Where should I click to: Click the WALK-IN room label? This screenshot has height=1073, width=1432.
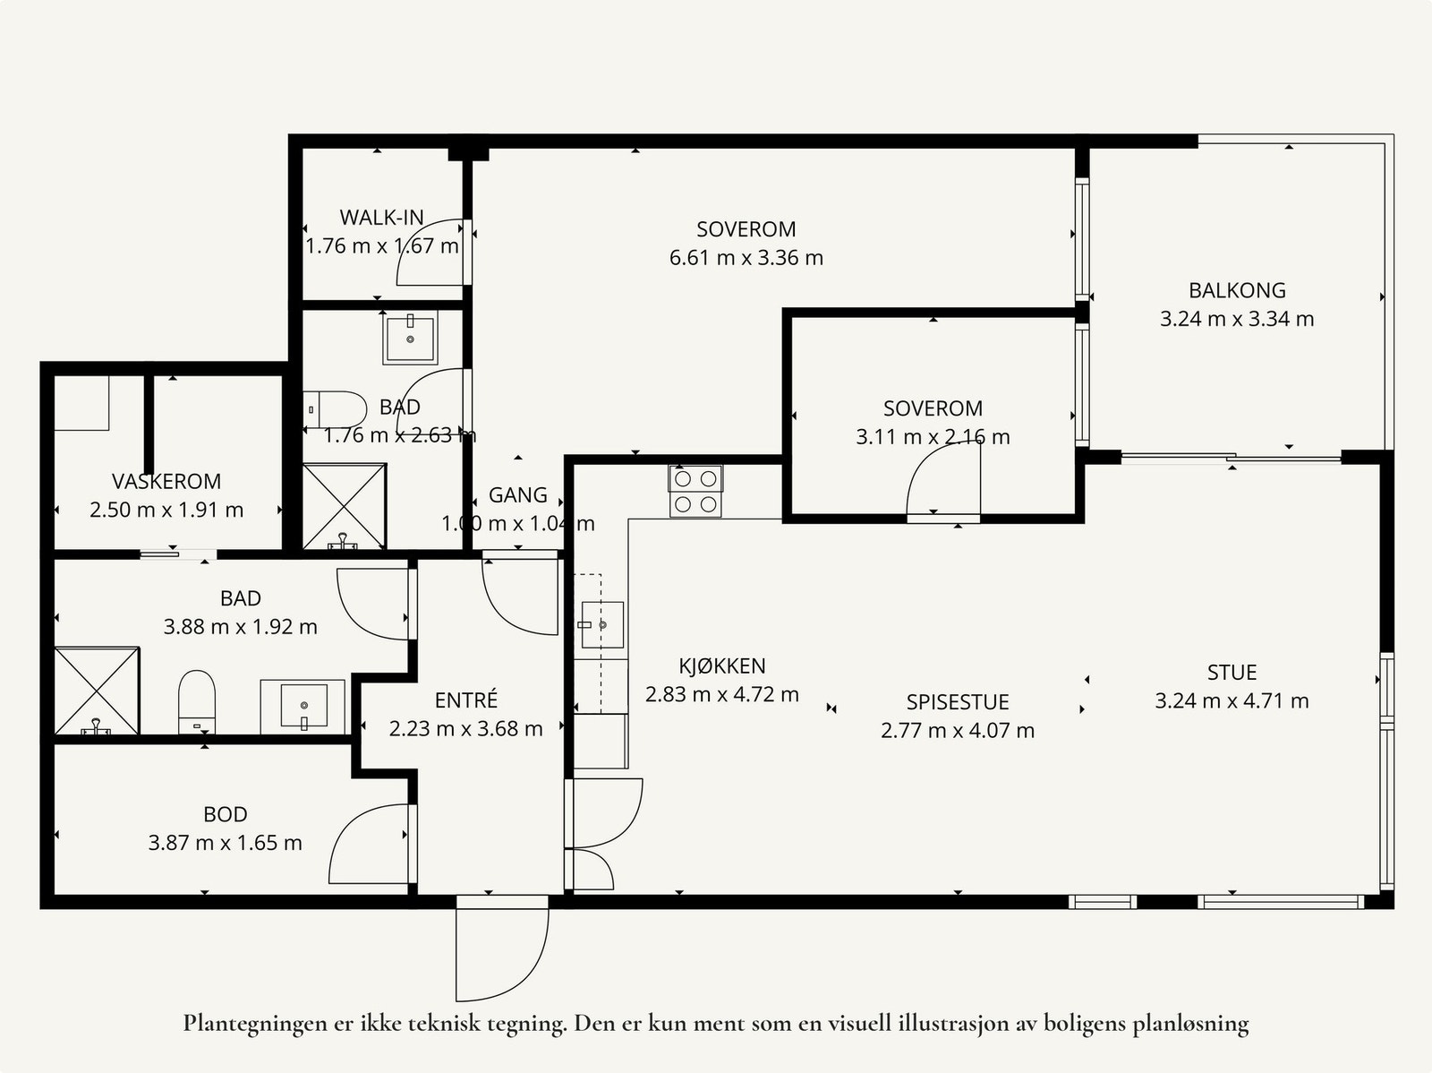point(381,217)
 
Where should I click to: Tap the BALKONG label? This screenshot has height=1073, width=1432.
point(1237,290)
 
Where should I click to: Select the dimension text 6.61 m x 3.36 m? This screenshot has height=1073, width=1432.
point(746,258)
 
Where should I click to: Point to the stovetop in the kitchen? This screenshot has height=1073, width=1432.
point(695,491)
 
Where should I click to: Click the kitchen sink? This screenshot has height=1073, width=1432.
point(602,624)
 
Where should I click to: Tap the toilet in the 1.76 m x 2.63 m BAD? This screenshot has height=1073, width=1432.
point(335,409)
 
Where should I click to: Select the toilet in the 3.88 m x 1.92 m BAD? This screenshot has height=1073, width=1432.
point(196,702)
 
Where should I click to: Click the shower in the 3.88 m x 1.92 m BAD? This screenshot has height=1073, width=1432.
point(97,691)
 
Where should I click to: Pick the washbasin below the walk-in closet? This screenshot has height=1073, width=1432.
point(410,338)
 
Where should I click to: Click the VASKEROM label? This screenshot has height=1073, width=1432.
point(166,481)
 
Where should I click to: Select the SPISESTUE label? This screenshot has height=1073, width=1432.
point(958,701)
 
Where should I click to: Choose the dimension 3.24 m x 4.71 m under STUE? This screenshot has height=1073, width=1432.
point(1232,701)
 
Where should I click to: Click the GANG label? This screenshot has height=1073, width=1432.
point(518,494)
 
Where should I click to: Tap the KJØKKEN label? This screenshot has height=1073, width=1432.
point(722,665)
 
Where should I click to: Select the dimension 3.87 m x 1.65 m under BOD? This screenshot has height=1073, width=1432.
point(225,843)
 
